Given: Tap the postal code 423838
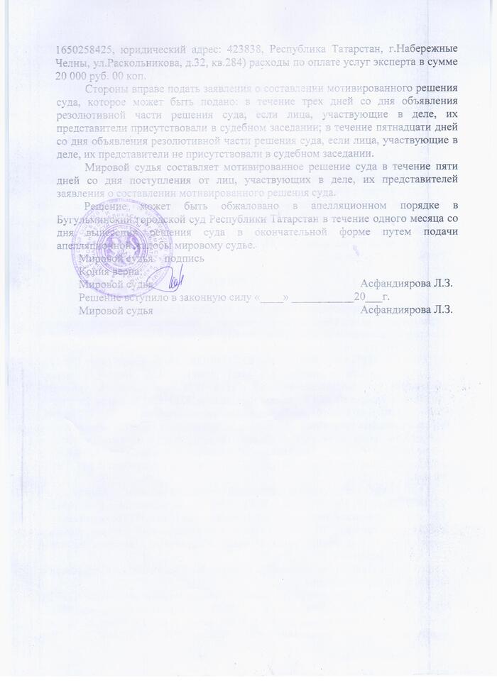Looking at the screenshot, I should tap(244, 49).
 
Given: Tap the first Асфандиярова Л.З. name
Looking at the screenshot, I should tap(407, 284).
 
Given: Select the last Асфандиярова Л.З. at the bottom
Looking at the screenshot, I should tap(407, 310).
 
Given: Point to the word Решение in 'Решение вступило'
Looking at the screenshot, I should tap(99, 297).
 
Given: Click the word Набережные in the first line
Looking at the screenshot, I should tap(425, 49).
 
